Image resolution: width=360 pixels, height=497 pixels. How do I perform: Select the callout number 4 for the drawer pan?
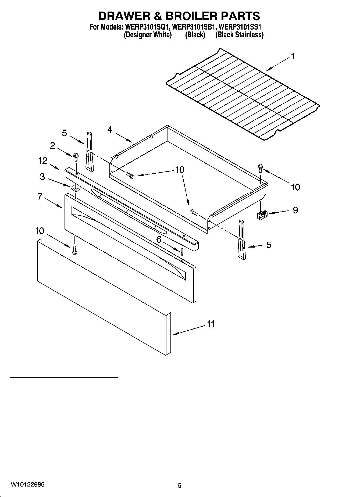pyautogui.click(x=110, y=130)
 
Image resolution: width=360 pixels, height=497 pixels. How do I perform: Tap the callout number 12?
pyautogui.click(x=43, y=161)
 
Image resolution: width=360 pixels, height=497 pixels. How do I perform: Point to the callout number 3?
pyautogui.click(x=42, y=177)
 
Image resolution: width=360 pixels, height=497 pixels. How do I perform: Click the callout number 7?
pyautogui.click(x=40, y=196)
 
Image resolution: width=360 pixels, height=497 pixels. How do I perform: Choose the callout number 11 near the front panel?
pyautogui.click(x=211, y=324)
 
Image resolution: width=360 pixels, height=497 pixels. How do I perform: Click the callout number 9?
pyautogui.click(x=295, y=210)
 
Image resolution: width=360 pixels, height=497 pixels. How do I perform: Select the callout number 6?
pyautogui.click(x=159, y=239)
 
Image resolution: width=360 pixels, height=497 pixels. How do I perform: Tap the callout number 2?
pyautogui.click(x=52, y=145)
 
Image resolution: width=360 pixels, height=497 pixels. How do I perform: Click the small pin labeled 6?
pyautogui.click(x=182, y=252)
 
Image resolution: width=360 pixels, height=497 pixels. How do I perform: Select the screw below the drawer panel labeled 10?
pyautogui.click(x=74, y=250)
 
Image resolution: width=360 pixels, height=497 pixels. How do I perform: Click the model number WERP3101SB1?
pyautogui.click(x=194, y=27)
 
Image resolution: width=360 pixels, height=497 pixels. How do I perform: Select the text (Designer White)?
pyautogui.click(x=148, y=35)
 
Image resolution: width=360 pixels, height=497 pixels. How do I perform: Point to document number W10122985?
pyautogui.click(x=28, y=485)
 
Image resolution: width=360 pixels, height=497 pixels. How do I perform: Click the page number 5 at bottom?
pyautogui.click(x=180, y=486)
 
